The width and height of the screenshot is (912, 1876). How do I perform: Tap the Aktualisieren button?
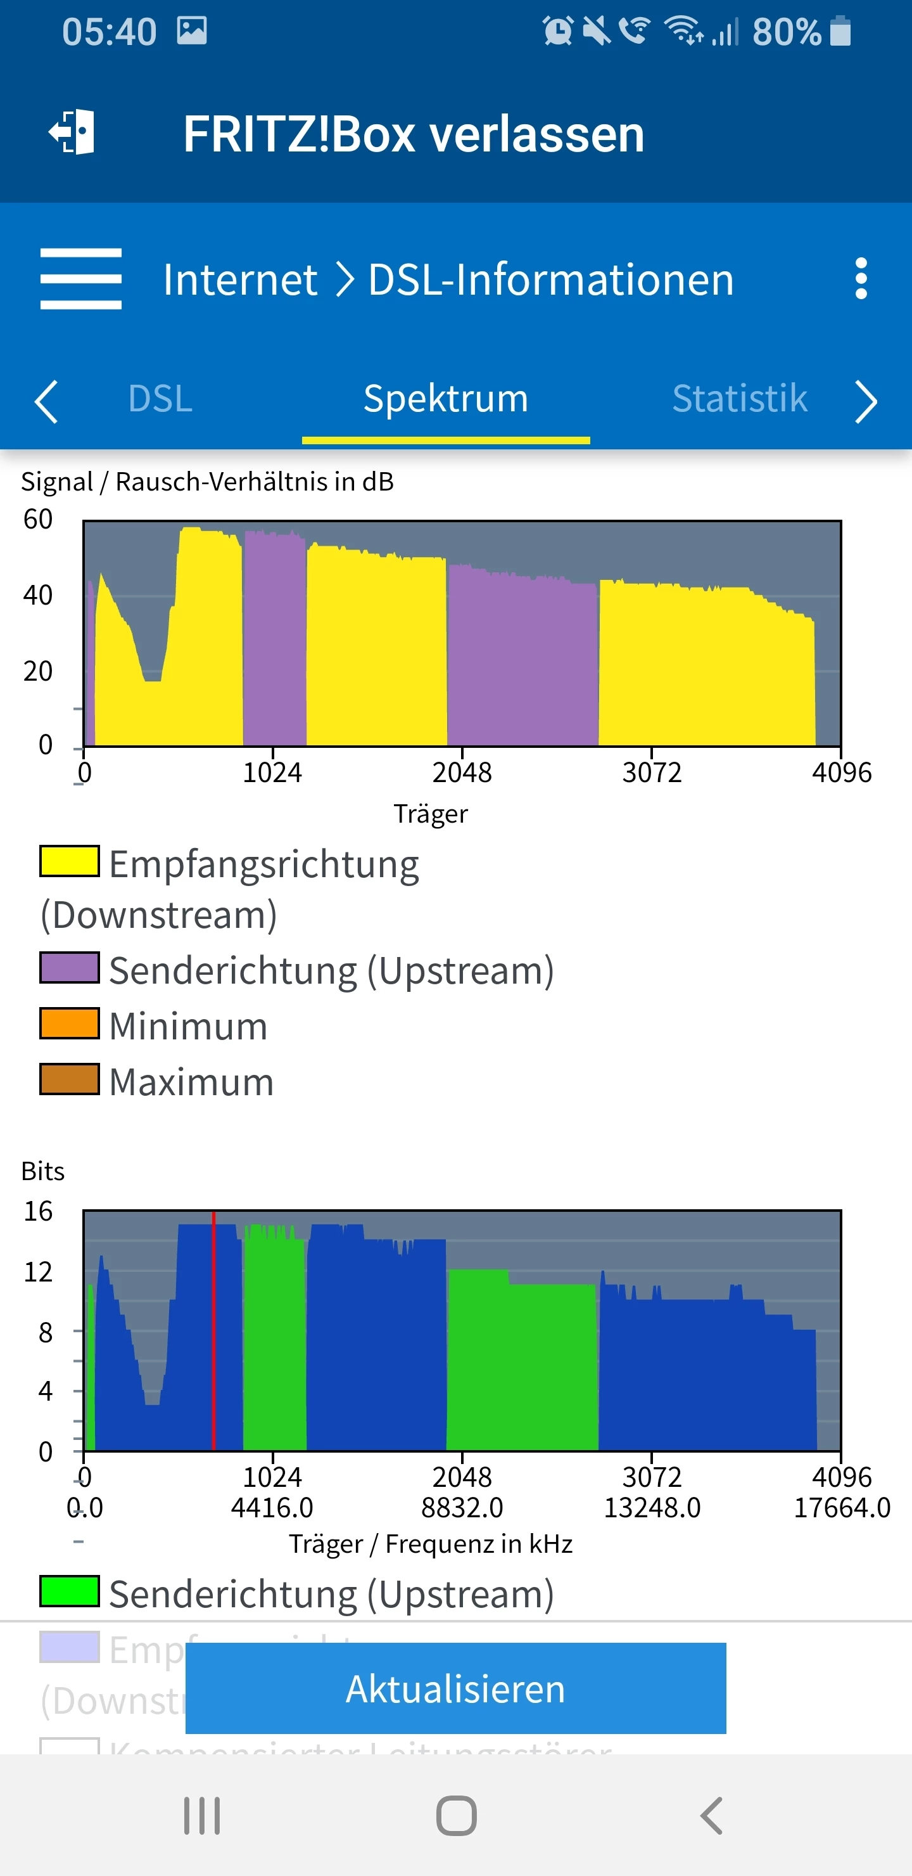[x=455, y=1688]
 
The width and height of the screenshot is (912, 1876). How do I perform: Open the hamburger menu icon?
[x=81, y=279]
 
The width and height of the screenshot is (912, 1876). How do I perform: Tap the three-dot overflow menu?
[x=861, y=278]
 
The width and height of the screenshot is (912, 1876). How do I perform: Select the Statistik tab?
[x=740, y=399]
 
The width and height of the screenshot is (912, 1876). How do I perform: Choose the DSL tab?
[x=160, y=399]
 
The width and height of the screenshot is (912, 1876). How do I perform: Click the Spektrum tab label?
[x=445, y=399]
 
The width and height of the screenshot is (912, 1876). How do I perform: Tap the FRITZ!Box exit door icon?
[x=73, y=132]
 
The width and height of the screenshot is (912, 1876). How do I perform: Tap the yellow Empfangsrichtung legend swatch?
[x=69, y=861]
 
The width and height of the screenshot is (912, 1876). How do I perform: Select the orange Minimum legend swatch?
[x=69, y=1023]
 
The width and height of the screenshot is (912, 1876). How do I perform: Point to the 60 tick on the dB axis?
[x=38, y=519]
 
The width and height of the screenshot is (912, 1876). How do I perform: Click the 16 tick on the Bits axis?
[x=38, y=1211]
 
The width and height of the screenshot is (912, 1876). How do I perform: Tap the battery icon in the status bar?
[x=840, y=31]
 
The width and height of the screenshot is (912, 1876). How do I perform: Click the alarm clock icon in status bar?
[x=557, y=31]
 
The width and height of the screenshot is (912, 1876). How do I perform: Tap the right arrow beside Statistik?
[x=866, y=401]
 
